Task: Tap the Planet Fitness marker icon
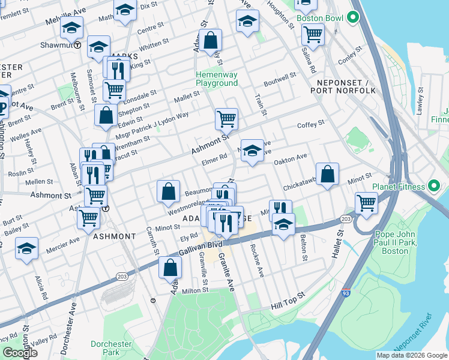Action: [431, 187]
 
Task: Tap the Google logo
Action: [20, 353]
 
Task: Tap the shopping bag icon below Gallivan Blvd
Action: [170, 266]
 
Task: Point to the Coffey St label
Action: [311, 123]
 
